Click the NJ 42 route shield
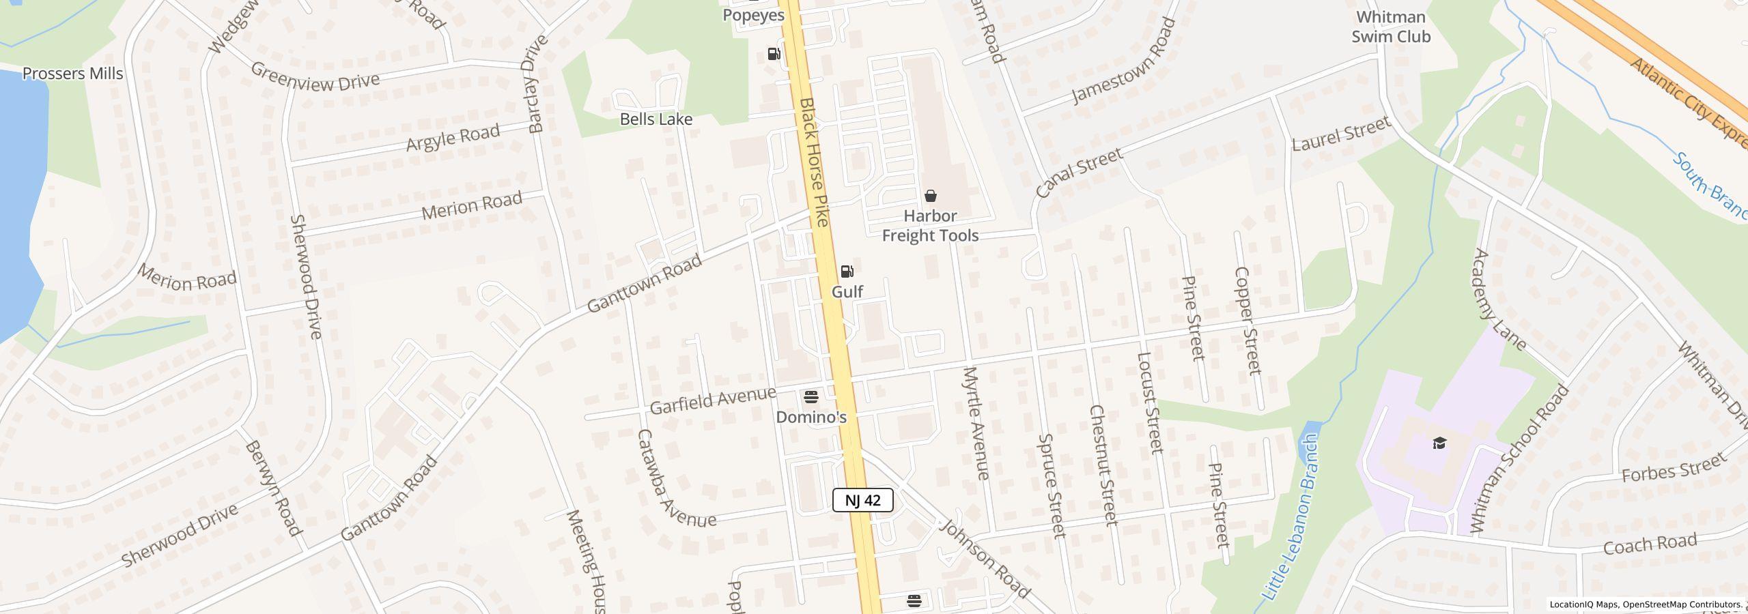(x=862, y=500)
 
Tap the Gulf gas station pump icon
(x=847, y=272)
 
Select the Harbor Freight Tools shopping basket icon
(x=930, y=196)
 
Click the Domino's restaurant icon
(x=811, y=396)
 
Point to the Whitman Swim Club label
(x=1391, y=27)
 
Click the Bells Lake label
(x=656, y=119)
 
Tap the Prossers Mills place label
(x=73, y=74)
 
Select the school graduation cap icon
(x=1439, y=443)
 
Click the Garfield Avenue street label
(x=713, y=400)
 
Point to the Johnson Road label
(x=984, y=559)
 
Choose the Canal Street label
(x=1079, y=173)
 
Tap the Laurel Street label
(x=1342, y=134)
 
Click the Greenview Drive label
(x=315, y=76)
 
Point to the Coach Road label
(x=1650, y=544)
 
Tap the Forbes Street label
(x=1675, y=469)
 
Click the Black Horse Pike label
(x=814, y=162)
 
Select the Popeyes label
(x=754, y=15)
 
